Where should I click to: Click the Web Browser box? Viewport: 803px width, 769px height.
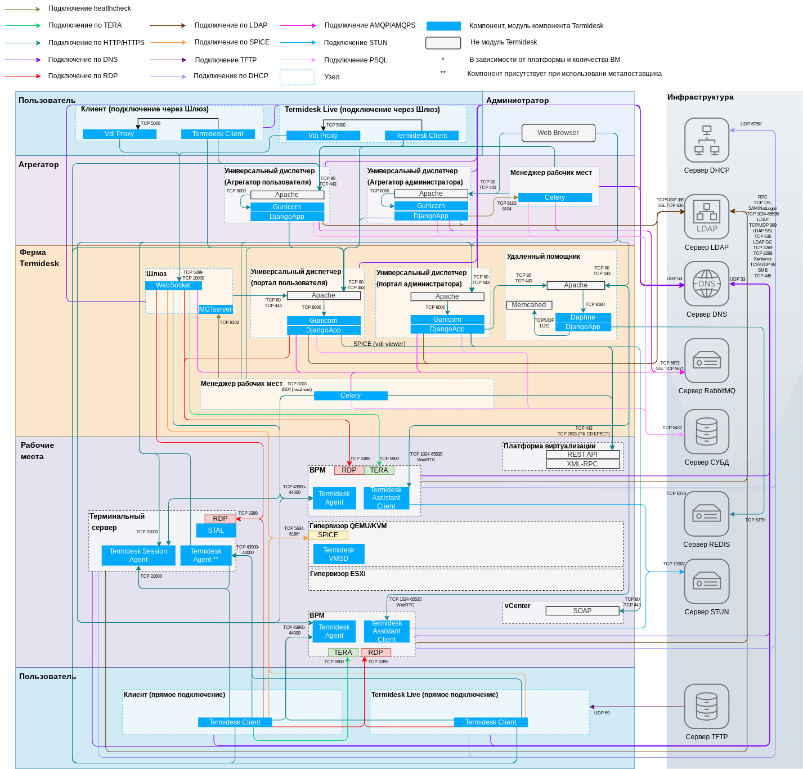tap(558, 133)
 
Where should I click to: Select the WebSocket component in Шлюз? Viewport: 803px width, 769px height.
tap(173, 285)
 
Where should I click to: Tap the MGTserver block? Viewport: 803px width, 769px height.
tap(216, 309)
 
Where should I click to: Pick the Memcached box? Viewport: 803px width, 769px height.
tap(529, 305)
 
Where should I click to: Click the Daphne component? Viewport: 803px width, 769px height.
tap(582, 317)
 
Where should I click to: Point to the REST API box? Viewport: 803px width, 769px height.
tap(582, 455)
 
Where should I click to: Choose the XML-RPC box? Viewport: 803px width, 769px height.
tap(582, 464)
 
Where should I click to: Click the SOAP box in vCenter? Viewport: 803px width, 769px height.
tap(582, 611)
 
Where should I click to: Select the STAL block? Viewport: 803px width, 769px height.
tap(216, 530)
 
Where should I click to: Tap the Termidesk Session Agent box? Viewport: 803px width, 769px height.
tap(138, 555)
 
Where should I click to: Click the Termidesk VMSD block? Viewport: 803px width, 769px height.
tap(339, 554)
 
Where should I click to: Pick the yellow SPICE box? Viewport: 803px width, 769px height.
tap(328, 535)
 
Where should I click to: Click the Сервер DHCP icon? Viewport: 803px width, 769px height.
tap(707, 140)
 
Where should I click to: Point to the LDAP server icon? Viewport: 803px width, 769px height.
tap(707, 217)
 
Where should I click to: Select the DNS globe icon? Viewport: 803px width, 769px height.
tap(707, 284)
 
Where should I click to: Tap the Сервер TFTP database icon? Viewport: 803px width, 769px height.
tap(707, 707)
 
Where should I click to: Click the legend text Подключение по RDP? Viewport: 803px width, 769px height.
tap(83, 76)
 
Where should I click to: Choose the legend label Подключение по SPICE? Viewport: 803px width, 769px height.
tap(232, 42)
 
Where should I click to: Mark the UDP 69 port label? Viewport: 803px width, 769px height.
tap(602, 713)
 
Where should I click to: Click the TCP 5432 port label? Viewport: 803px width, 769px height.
tap(672, 428)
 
